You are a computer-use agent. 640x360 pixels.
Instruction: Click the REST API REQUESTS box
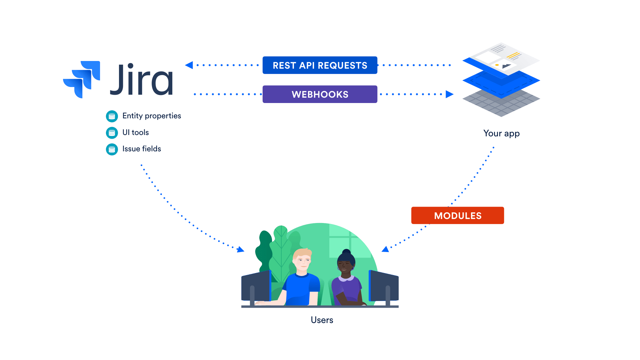(x=320, y=65)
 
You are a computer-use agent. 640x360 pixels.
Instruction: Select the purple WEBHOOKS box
(x=320, y=94)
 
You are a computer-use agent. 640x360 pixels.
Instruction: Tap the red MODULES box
(x=457, y=216)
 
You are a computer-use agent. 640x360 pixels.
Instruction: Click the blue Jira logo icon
(x=82, y=79)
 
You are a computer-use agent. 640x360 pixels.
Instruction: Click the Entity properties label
(x=151, y=116)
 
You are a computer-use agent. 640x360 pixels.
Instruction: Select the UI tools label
(x=135, y=133)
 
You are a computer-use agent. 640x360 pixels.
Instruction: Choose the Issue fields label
(x=141, y=149)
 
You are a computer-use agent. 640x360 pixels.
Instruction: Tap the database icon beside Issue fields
(x=112, y=149)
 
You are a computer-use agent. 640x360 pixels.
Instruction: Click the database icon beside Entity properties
(x=112, y=116)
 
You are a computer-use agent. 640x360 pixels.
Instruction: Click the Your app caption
(x=501, y=134)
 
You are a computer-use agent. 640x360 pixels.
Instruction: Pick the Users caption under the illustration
(x=322, y=320)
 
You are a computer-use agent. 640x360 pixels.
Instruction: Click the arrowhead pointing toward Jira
(x=189, y=65)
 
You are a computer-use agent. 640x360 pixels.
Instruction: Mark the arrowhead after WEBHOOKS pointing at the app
(x=449, y=94)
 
